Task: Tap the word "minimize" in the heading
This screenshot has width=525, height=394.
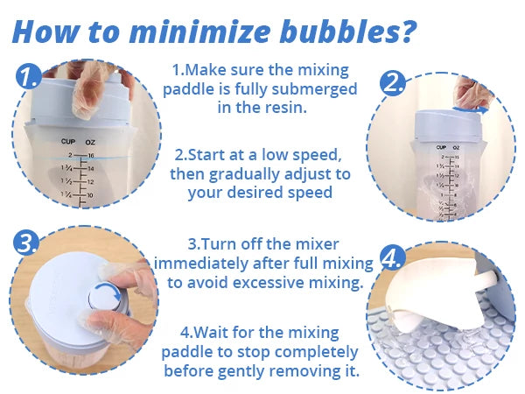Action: click(199, 32)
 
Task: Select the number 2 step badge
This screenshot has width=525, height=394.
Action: click(392, 83)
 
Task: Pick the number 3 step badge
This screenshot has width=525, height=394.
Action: click(25, 243)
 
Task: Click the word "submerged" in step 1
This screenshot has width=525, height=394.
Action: click(314, 89)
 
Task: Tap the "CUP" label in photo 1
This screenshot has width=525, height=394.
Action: click(68, 142)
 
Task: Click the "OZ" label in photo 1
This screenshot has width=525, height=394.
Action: click(90, 143)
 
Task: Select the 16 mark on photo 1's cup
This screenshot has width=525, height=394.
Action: click(91, 156)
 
